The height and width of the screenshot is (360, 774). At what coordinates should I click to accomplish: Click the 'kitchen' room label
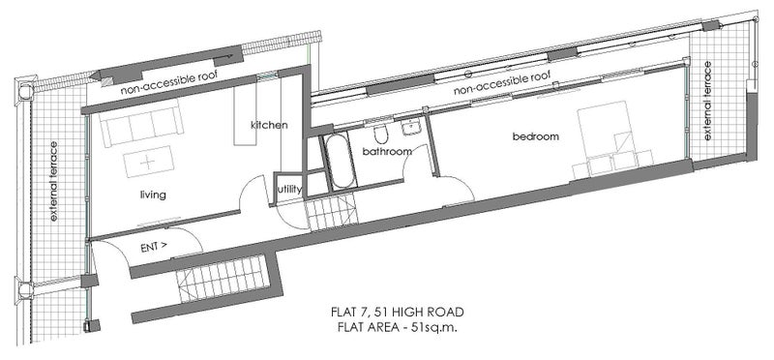point(269,125)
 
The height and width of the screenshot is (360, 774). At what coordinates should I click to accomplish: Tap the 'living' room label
point(153,195)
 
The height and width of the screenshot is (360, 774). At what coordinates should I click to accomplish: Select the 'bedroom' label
point(536,136)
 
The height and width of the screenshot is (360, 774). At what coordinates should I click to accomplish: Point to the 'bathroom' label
point(387,151)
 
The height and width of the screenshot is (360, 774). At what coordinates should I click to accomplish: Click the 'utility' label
point(289,189)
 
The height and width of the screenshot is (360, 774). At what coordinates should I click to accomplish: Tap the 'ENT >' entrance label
point(154,248)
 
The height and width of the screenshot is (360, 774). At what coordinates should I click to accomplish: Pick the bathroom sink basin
point(410,128)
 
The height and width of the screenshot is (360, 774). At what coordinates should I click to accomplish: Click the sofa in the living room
point(141,123)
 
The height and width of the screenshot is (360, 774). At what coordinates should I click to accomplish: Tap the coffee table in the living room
point(148,162)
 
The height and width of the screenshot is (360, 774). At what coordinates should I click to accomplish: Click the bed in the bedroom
point(613,139)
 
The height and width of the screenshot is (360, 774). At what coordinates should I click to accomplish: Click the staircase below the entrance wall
point(223,279)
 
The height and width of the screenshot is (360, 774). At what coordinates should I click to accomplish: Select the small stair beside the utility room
point(330,211)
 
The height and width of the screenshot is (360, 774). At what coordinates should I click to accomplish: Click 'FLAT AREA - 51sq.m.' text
point(398,327)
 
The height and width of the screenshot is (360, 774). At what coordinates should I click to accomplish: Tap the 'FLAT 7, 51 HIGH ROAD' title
point(398,313)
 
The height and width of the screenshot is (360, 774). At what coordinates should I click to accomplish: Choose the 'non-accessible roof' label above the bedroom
point(501,83)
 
